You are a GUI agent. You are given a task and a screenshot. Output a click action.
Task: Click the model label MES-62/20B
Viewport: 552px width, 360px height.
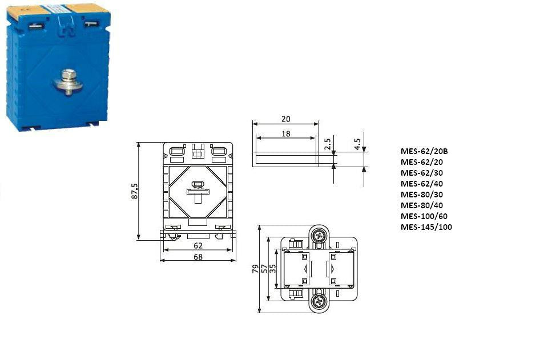coord(424,151)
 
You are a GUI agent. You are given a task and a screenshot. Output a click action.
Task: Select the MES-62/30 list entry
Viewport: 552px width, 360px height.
coord(422,173)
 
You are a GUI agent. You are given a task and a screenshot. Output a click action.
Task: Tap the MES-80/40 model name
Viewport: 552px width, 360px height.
coord(422,205)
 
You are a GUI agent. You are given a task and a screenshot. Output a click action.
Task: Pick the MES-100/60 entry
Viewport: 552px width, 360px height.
coord(424,216)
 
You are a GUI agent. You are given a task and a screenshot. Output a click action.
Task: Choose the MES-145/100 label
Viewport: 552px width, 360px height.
coord(426,227)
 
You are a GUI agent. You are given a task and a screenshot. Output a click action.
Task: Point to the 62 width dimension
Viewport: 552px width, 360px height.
coord(198,246)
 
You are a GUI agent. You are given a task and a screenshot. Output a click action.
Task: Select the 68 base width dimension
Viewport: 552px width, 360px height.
coord(198,257)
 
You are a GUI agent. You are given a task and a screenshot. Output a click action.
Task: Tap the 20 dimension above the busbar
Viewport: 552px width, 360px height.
coord(286,119)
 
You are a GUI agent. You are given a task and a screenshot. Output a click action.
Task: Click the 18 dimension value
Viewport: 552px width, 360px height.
coord(286,133)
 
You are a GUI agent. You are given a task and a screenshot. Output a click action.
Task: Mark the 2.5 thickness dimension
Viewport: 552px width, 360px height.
coord(328,144)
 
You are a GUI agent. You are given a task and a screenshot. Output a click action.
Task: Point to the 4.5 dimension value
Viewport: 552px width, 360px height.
coord(357,143)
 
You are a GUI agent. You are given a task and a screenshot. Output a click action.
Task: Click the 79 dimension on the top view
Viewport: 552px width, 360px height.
coord(255,269)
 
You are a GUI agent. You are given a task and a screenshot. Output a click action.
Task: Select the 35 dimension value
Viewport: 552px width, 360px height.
coord(273,269)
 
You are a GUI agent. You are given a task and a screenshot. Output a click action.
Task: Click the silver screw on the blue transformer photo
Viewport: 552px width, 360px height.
coord(68,81)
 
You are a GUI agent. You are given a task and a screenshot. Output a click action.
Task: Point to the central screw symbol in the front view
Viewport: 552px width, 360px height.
coord(198,189)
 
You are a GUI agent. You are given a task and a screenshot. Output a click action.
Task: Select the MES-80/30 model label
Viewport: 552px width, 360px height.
coord(422,195)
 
